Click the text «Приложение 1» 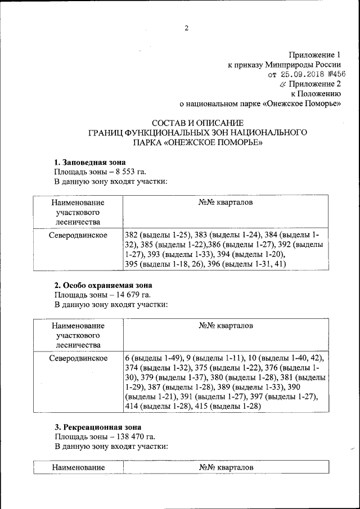click(314, 55)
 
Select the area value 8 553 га click(129, 172)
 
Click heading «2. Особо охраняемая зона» click(103, 285)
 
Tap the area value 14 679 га click(131, 295)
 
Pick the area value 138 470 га click(133, 436)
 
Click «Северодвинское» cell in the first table click(78, 235)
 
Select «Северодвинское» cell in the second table click(78, 358)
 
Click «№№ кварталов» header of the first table click(226, 202)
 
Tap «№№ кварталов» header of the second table click(226, 326)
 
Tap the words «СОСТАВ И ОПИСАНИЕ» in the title click(197, 123)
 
